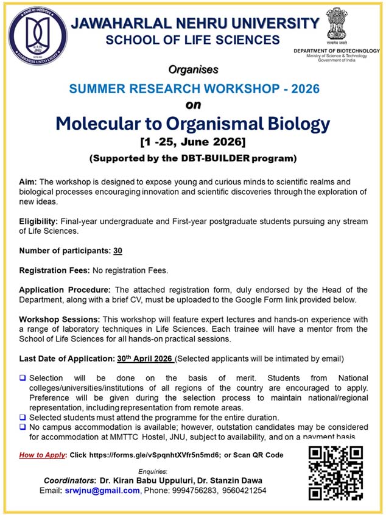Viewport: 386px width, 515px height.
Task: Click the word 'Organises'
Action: [192, 71]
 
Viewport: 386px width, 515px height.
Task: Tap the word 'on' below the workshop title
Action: [192, 105]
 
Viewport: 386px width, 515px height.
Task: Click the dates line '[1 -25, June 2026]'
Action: [192, 143]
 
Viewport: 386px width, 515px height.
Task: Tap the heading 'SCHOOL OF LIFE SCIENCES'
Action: [192, 40]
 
